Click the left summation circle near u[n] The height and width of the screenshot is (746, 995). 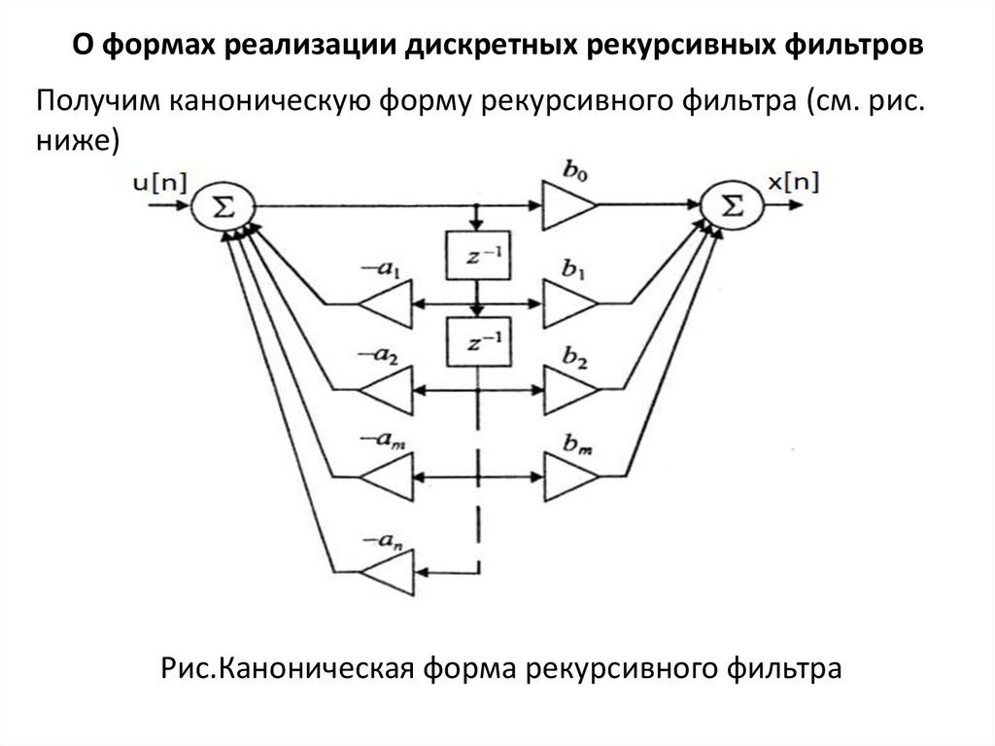pos(223,206)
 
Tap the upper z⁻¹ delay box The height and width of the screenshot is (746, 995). pos(476,256)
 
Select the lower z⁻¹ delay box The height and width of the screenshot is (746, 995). pos(476,341)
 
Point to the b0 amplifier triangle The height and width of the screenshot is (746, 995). pos(569,205)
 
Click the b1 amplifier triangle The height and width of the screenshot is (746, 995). pos(569,303)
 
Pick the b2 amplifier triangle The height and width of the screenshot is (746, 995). pos(569,389)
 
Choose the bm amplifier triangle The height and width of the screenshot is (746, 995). pos(569,477)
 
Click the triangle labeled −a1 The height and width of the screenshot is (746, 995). pos(386,303)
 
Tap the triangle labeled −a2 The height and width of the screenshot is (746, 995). pos(386,389)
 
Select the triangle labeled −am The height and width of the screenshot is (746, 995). pos(386,477)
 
